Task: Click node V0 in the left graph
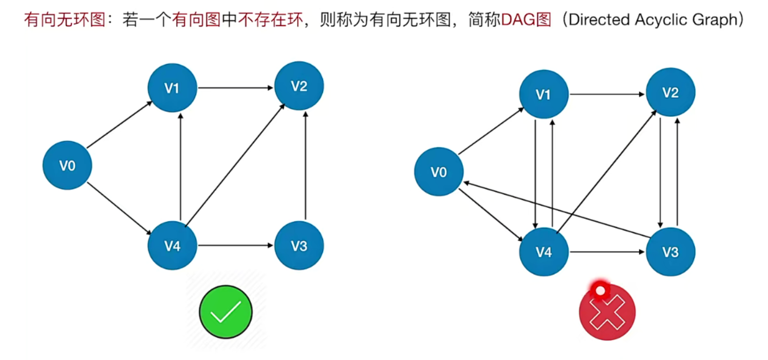(67, 165)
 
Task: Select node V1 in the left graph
(172, 88)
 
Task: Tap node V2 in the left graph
(299, 86)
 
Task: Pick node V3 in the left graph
(299, 246)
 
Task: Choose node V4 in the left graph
(172, 246)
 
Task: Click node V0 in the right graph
(438, 171)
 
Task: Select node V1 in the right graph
(543, 94)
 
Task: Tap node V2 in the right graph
(670, 92)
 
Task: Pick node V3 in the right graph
(670, 252)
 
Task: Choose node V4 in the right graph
(543, 252)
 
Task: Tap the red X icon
(607, 312)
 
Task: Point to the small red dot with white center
(599, 290)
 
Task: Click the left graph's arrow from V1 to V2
(235, 88)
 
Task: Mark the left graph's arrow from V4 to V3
(235, 246)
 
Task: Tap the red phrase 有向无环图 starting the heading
(64, 21)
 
